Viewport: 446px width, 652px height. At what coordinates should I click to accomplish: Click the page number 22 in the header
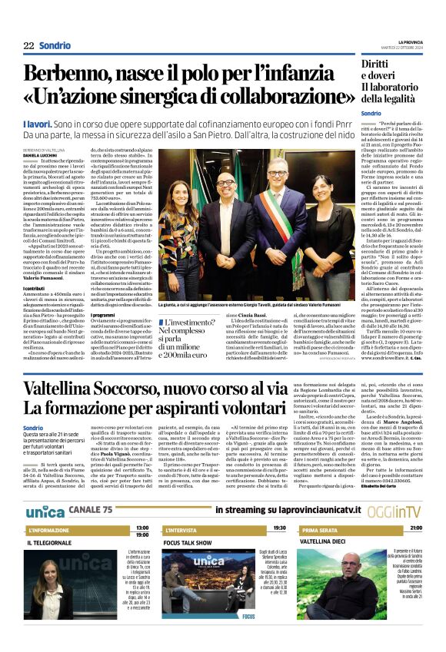pos(28,45)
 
